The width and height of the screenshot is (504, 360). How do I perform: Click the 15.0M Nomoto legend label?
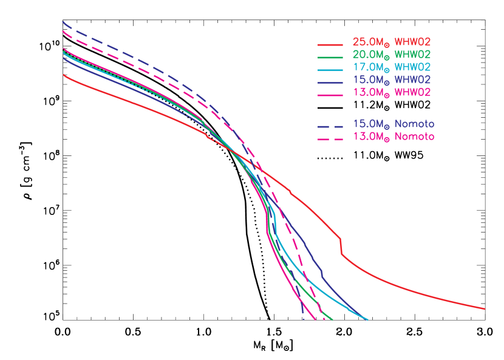tap(393, 124)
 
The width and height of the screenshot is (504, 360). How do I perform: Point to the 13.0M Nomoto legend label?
tap(393, 137)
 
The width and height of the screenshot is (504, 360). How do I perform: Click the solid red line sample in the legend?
tap(330, 45)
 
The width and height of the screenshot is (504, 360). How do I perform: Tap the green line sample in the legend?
tap(330, 57)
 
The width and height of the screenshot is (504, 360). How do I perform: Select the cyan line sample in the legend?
tap(330, 69)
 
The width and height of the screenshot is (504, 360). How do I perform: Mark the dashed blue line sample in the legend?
tap(330, 126)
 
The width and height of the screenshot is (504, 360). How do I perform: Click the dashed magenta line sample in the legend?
tap(330, 139)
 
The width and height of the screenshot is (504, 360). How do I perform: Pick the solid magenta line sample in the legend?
tap(330, 95)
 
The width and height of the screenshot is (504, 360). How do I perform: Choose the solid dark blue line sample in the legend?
tap(330, 82)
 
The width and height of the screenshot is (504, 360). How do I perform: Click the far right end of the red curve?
tap(485, 309)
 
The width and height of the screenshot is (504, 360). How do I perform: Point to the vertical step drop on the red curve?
tap(341, 247)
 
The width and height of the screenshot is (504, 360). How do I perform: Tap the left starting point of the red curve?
tap(63, 74)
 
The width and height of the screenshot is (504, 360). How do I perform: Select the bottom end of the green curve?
tap(333, 319)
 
